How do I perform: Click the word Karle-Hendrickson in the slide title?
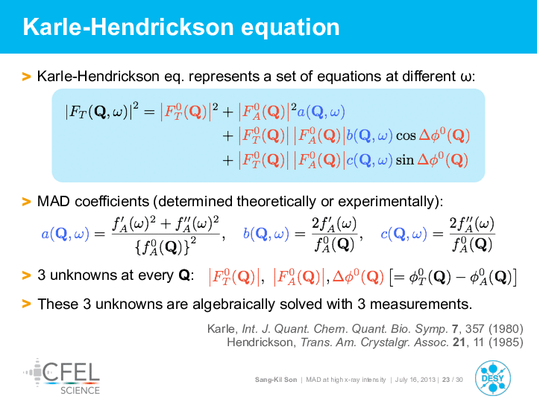(x=128, y=27)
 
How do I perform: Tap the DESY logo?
(x=493, y=378)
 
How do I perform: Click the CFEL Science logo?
(x=62, y=377)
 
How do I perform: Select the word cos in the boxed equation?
(x=406, y=136)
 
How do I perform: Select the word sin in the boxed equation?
(x=405, y=160)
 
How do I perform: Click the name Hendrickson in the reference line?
(x=261, y=342)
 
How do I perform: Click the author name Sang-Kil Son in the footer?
(x=276, y=380)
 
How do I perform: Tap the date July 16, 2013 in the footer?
(x=415, y=380)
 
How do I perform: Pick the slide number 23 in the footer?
(x=445, y=380)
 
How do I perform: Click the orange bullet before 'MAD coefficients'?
(x=26, y=202)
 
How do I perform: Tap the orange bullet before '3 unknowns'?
(x=26, y=275)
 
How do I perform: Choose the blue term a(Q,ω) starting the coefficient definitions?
(x=65, y=234)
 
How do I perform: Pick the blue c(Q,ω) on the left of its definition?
(x=403, y=234)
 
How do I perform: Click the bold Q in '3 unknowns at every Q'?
(x=184, y=275)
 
